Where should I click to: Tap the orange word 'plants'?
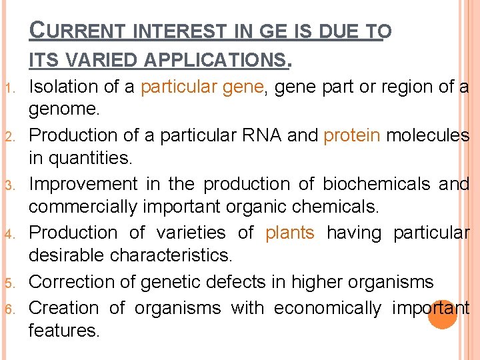[x=290, y=233]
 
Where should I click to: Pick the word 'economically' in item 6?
[x=327, y=308]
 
